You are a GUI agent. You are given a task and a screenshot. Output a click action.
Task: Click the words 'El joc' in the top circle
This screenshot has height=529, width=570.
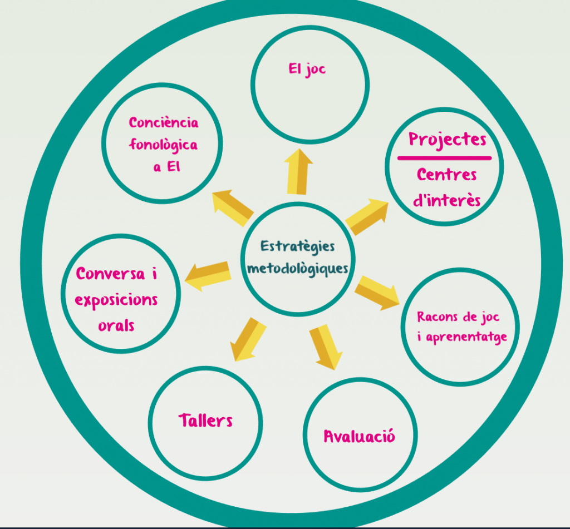coord(307,70)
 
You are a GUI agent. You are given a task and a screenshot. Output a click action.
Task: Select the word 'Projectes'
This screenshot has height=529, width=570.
coord(447,139)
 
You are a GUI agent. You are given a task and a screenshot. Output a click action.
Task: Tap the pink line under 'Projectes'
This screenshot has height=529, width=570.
coord(444,158)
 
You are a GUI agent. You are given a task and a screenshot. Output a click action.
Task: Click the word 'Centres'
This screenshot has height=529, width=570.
coord(446,175)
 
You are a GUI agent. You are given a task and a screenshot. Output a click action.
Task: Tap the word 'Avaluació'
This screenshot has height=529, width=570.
coord(360,436)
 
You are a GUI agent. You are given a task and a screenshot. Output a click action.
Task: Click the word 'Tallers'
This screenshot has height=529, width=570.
coord(205,421)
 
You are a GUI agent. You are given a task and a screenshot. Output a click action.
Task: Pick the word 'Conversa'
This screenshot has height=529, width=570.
coord(111,274)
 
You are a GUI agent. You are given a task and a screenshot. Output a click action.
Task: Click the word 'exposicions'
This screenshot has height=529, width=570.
coord(116,300)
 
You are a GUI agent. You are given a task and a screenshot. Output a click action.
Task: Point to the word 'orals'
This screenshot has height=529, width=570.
coord(116,325)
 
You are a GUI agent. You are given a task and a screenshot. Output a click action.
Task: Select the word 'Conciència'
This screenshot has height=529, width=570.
coord(164,122)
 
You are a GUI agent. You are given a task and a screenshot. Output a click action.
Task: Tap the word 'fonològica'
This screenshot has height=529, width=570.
coord(164,145)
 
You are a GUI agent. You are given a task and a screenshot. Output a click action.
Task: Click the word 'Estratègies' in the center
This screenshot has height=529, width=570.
coord(298,245)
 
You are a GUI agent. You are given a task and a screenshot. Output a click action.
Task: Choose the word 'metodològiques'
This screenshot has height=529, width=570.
coord(298,269)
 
